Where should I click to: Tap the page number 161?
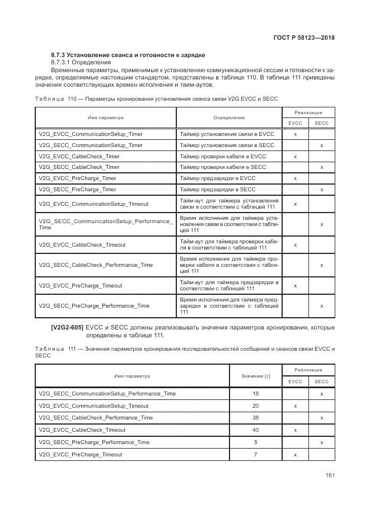coord(330,475)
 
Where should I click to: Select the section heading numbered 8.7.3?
coord(128,55)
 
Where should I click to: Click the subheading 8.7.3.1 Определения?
coord(77,63)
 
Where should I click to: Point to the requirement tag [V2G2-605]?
coord(67,327)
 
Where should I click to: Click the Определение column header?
coord(229,118)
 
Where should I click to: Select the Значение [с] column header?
coord(255,376)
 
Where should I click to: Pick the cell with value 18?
coord(255,393)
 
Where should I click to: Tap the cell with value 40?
coord(255,430)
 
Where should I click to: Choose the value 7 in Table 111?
coord(255,455)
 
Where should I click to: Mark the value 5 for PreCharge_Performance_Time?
coord(255,442)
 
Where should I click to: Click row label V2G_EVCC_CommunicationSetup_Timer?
coord(91,134)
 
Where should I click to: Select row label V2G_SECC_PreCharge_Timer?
coord(78,190)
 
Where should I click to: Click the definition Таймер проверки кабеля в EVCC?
coord(223,157)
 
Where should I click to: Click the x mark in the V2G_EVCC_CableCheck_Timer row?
coord(295,157)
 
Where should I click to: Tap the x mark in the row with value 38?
coord(321,418)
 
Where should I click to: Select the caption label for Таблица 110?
coord(50,98)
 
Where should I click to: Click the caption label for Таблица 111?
coord(50,349)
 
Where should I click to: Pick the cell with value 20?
coord(255,406)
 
